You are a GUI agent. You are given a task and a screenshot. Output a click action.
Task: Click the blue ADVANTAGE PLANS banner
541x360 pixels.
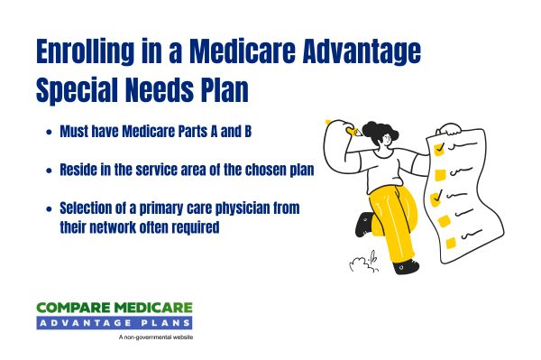116,323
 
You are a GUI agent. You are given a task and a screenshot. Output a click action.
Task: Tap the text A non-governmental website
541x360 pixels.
155,338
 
